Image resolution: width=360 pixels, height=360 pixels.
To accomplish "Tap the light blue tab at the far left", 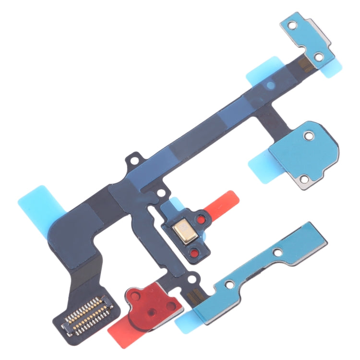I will [36, 202].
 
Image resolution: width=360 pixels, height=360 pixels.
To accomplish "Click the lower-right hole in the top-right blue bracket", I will [318, 57].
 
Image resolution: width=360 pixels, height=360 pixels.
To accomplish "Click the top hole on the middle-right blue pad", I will [310, 137].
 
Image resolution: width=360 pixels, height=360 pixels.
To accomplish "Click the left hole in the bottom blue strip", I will [229, 284].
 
